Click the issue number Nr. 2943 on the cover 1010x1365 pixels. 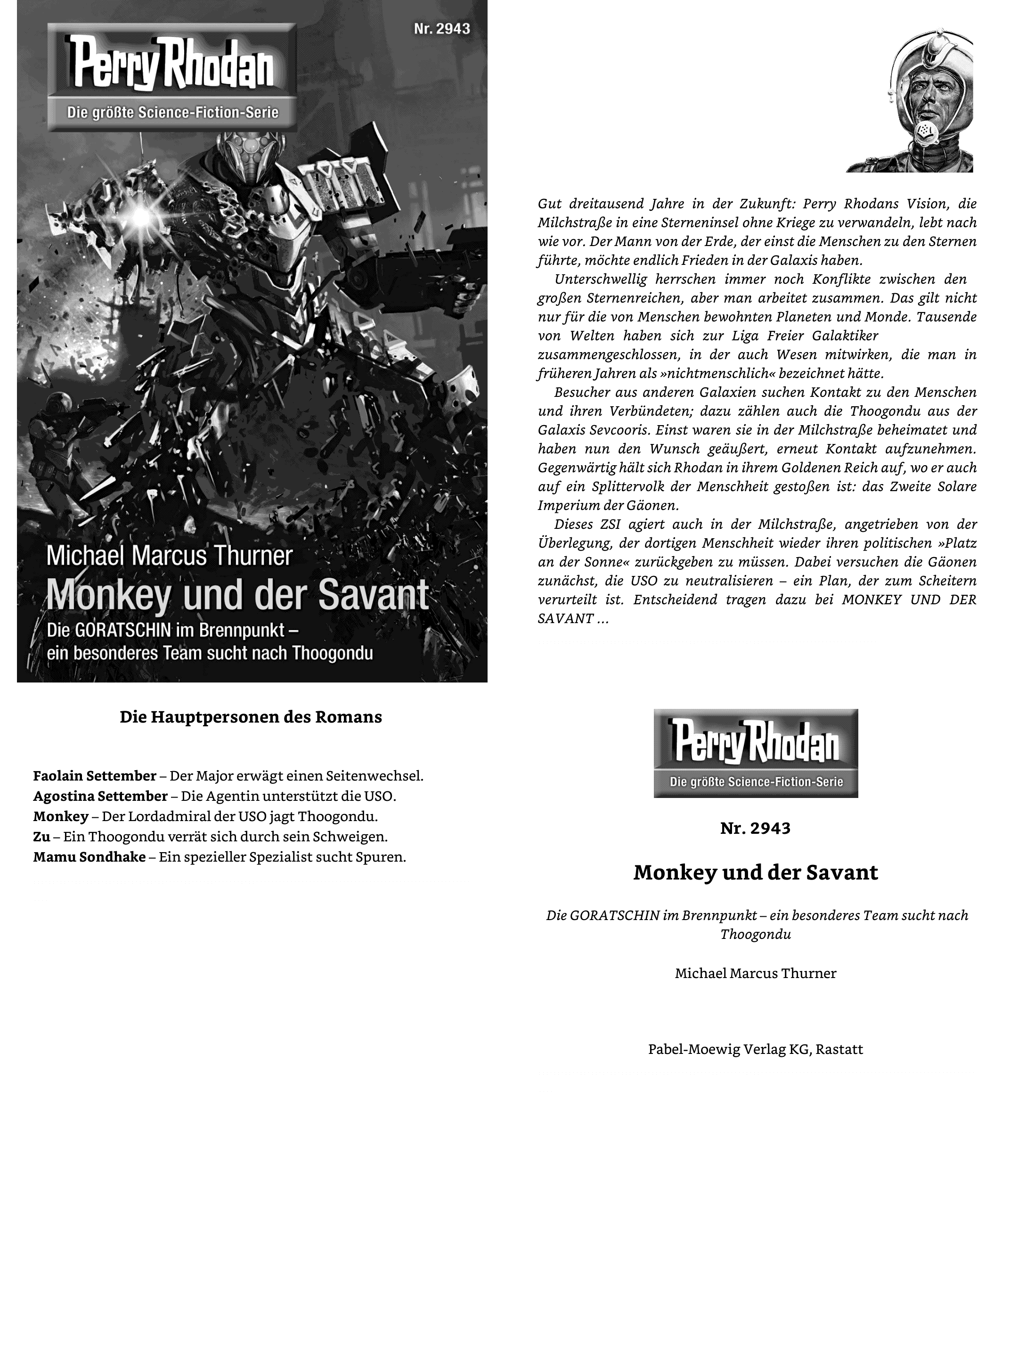441,29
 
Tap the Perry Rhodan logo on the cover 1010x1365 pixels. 172,76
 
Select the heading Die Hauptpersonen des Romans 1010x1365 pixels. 251,717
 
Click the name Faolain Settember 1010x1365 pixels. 95,776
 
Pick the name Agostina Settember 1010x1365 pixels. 100,796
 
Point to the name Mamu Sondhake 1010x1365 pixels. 89,857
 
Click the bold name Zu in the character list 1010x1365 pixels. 41,837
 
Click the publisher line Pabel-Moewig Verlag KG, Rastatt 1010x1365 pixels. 755,1049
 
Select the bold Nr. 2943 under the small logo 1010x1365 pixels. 755,828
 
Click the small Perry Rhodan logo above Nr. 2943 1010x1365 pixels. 755,753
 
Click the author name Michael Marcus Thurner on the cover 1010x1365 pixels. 170,557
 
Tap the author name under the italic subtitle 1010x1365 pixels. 755,973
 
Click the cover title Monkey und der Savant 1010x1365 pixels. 237,594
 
